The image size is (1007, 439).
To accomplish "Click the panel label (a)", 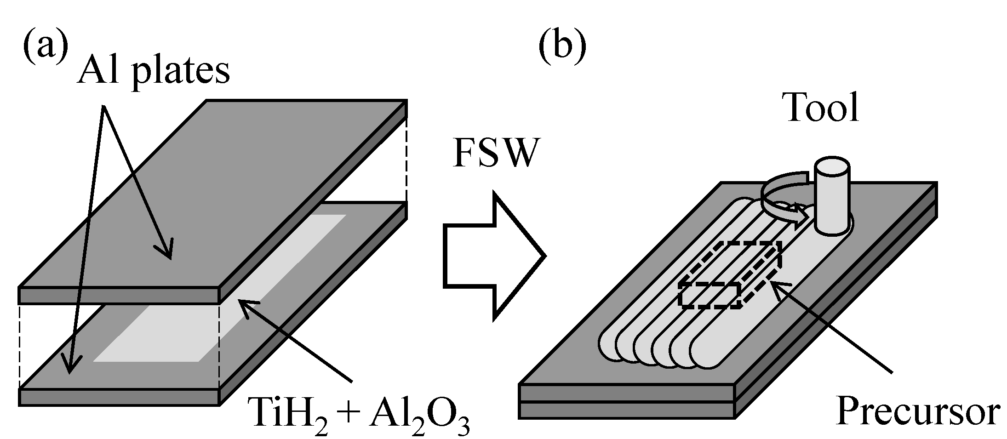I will [45, 48].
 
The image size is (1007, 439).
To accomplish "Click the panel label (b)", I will [562, 48].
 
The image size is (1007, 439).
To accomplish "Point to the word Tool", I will [822, 108].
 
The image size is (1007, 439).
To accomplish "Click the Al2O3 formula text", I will [418, 412].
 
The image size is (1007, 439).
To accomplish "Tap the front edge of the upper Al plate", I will [119, 296].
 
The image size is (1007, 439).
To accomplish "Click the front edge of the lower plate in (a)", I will [119, 397].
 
